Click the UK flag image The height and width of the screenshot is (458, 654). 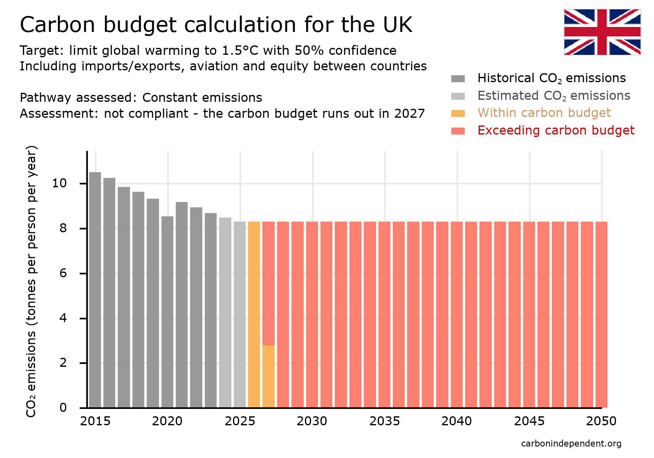click(x=602, y=32)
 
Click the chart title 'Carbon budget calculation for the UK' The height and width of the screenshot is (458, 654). click(x=216, y=25)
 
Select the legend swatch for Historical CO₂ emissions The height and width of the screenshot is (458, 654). click(x=458, y=79)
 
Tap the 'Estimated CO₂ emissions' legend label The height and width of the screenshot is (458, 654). click(x=553, y=96)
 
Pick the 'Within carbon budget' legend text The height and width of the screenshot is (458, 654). click(x=544, y=113)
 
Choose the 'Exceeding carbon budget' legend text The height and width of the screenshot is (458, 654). click(x=555, y=130)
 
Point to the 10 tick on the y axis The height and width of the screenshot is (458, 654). click(x=59, y=183)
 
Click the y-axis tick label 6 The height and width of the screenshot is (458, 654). click(x=63, y=273)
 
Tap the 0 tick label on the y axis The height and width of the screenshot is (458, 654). click(x=63, y=407)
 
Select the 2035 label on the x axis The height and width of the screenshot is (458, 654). click(x=384, y=421)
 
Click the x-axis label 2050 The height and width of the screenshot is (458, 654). click(x=601, y=421)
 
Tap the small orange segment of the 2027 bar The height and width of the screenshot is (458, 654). click(x=269, y=376)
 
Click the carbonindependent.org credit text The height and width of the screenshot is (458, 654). click(x=571, y=444)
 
